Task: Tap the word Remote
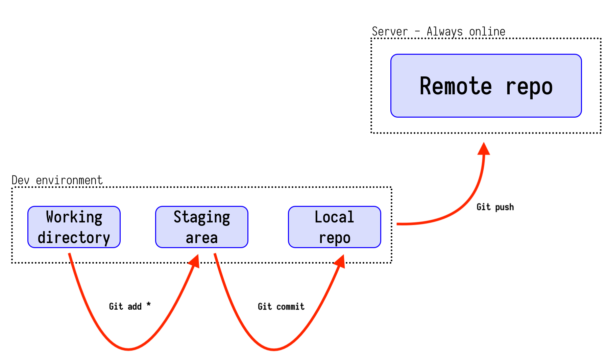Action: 455,86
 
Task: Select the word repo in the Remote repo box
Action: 529,87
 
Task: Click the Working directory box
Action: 74,227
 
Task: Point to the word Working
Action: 74,217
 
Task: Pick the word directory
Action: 74,238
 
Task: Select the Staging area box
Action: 202,227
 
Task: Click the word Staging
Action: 202,217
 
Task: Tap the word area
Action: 202,238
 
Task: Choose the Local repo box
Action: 334,227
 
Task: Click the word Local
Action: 334,217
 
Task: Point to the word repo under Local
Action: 335,238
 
